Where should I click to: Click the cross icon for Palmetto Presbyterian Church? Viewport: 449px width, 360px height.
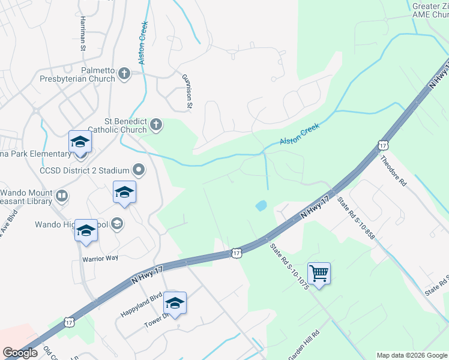124,74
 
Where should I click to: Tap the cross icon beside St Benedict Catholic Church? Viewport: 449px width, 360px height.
155,125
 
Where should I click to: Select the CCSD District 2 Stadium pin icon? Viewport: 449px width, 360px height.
139,170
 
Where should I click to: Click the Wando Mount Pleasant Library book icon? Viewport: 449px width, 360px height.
61,196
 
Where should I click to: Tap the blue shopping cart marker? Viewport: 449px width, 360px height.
319,274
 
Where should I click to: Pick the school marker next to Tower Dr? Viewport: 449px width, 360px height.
175,303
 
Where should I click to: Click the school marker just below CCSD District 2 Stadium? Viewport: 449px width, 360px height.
124,193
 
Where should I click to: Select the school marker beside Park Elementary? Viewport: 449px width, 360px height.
80,142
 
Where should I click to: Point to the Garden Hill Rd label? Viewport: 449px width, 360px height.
304,344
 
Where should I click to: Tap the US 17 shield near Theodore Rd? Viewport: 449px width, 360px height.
383,145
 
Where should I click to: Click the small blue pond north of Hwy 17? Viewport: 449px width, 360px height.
261,206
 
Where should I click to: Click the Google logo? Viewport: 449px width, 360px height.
20,353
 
